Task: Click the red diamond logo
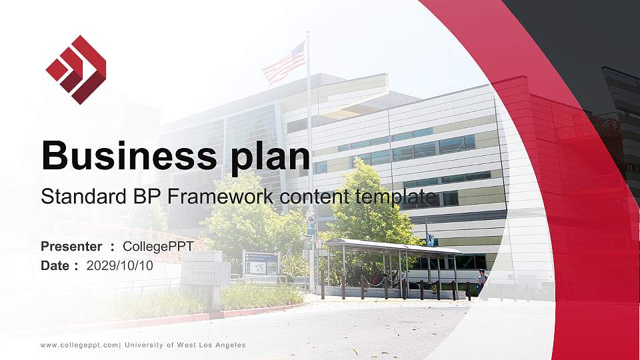tap(76, 69)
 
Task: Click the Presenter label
tap(71, 247)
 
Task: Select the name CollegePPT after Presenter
tap(158, 247)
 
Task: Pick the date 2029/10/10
tap(120, 265)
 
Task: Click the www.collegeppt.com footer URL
tap(79, 345)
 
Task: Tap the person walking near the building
tap(481, 281)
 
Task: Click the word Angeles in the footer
tap(229, 345)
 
